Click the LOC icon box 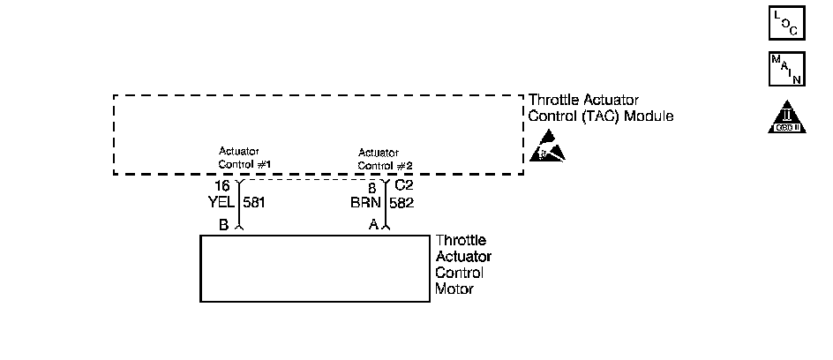tap(786, 24)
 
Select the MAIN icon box tap(786, 70)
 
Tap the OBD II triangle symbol tap(786, 117)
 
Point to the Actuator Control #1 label tap(244, 158)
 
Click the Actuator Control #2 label tap(385, 159)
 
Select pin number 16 tap(222, 187)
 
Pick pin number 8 tap(372, 187)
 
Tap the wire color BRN tap(366, 202)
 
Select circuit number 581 tap(254, 202)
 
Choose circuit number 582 tap(402, 202)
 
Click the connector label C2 tap(403, 186)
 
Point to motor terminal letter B tap(224, 225)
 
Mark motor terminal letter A tap(373, 225)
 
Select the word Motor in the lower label tap(454, 289)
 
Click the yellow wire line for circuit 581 tap(239, 212)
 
